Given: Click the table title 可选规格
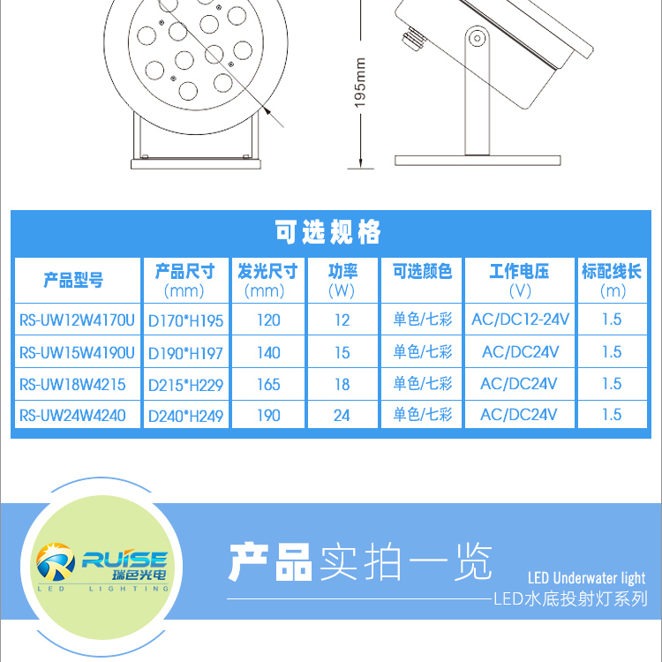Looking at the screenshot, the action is tap(327, 232).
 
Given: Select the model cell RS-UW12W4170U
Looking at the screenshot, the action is tap(77, 320).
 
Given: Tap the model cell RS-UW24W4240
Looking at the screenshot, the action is tap(72, 416).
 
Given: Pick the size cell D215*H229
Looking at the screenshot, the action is tap(185, 385).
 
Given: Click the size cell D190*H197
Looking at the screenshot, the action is tap(185, 353).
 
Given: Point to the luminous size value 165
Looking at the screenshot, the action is tap(268, 384).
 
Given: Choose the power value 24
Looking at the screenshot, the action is tap(342, 416).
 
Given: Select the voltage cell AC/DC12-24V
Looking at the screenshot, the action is tap(520, 320).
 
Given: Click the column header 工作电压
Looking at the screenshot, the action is tap(519, 271).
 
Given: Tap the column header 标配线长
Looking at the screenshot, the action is tap(612, 271).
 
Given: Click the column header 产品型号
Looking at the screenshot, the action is tap(73, 280).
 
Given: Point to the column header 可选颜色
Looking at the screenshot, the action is tap(422, 271).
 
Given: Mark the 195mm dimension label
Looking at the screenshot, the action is tap(360, 83).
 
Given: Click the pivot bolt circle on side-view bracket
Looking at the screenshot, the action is tap(478, 39).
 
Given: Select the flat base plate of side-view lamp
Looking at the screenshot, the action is tap(478, 161).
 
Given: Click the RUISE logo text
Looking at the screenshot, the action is tap(125, 560).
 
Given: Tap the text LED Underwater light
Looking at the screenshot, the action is tap(586, 577).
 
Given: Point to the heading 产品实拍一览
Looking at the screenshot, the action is tap(360, 562).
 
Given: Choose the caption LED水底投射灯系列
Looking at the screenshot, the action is tap(570, 598).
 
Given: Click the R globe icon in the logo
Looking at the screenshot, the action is tap(56, 561).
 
